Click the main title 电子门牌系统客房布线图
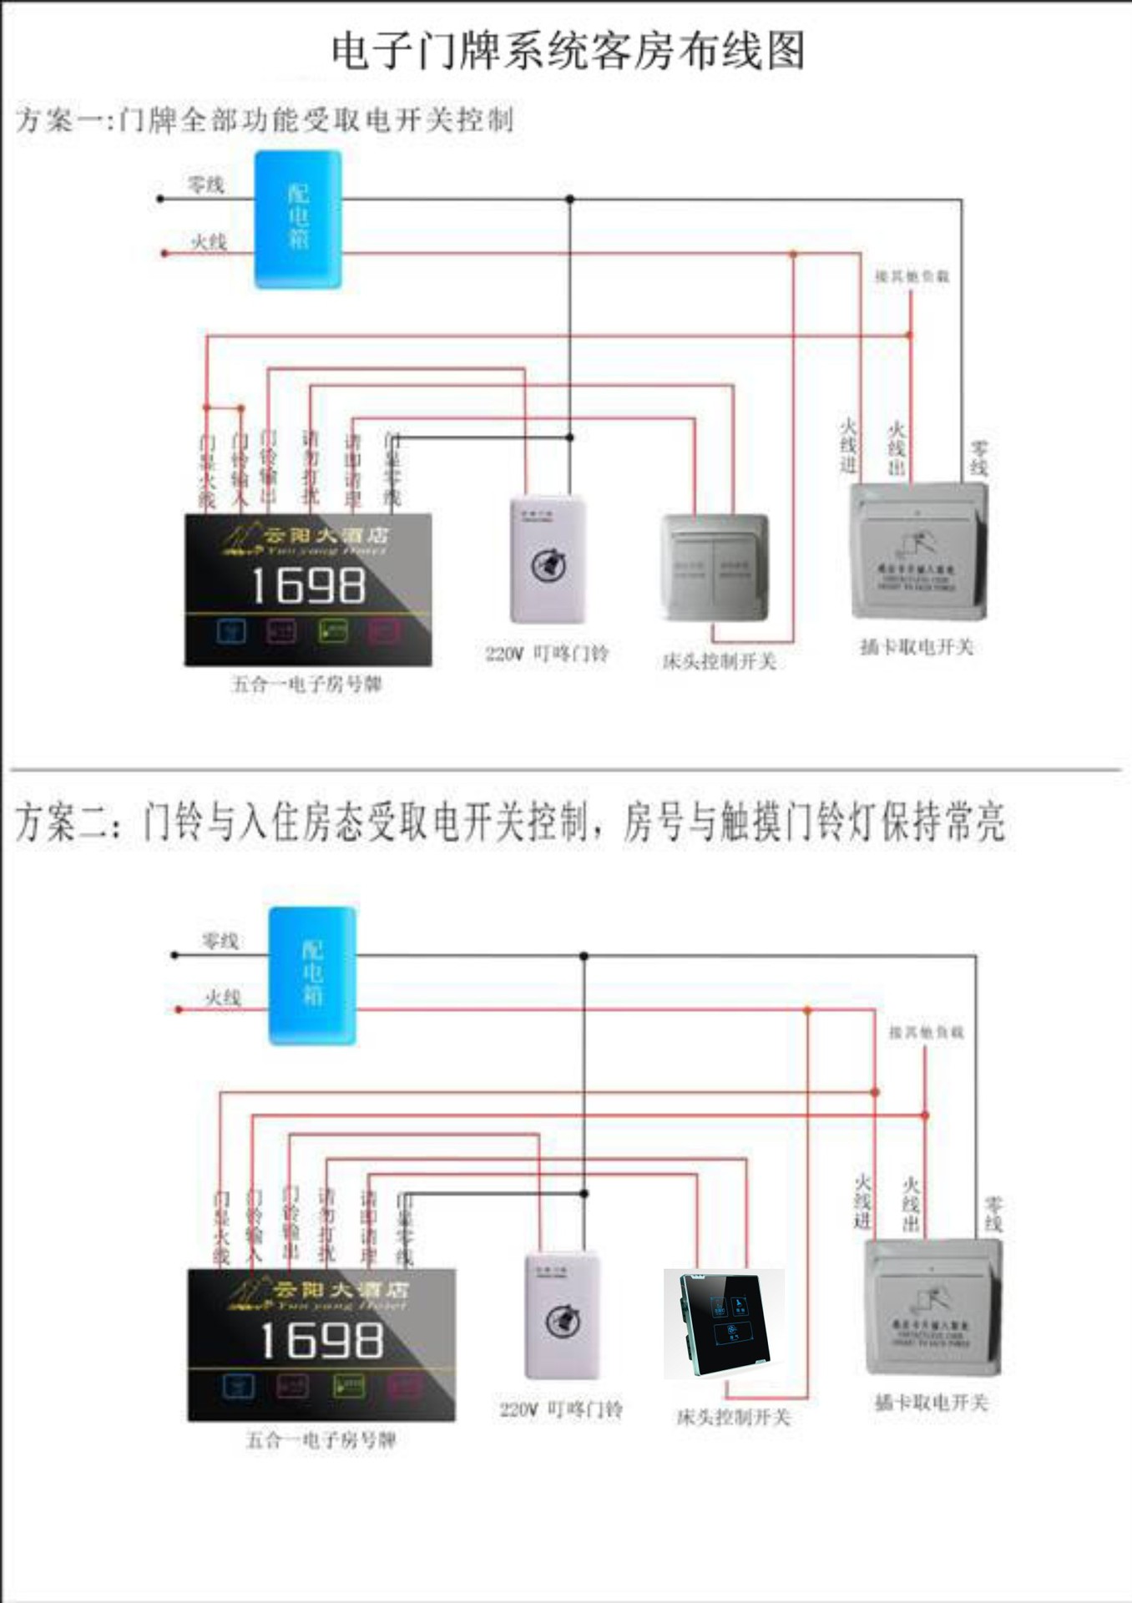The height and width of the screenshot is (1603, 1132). coord(568,52)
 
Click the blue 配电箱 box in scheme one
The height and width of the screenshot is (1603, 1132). coord(298,219)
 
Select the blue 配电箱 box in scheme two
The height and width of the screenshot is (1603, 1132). coord(312,975)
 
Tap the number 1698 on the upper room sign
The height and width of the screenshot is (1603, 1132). coord(308,585)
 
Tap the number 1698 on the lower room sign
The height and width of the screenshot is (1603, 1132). coord(321,1341)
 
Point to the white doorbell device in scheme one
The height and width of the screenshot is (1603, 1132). coord(548,559)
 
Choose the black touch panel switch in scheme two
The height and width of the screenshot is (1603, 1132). coord(723,1323)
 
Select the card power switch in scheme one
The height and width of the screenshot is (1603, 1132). coord(918,551)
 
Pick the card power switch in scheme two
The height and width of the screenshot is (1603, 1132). coord(932,1307)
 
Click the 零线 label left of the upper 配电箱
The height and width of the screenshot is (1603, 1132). coord(205,184)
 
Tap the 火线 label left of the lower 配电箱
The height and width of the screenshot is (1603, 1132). coord(223,997)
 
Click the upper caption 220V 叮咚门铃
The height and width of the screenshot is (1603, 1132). coord(547,653)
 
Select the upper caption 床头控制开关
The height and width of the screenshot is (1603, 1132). coord(719,661)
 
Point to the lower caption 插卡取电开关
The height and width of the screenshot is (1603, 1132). coord(931,1402)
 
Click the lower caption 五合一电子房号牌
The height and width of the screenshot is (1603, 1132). coord(321,1439)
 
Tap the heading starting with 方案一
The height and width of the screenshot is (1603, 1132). coord(264,119)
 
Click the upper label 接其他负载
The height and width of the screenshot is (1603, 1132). coord(912,276)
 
